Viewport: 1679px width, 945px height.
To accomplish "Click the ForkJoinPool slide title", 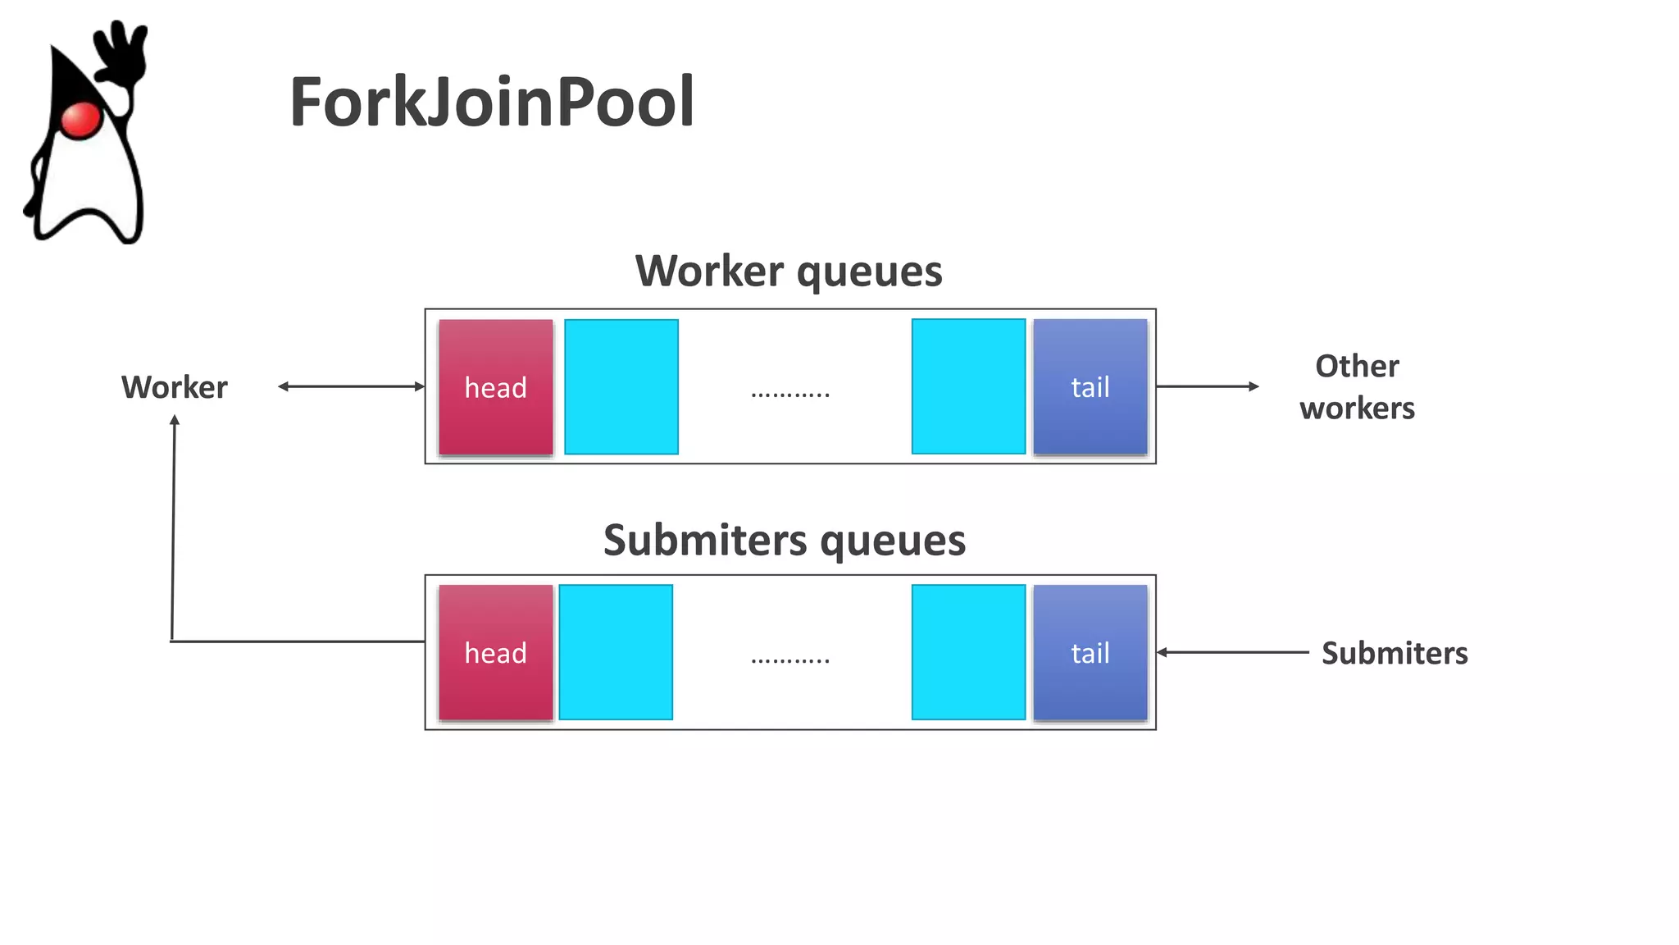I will click(492, 103).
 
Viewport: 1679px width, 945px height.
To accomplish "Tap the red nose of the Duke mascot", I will click(80, 120).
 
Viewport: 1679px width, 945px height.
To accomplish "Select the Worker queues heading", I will click(789, 271).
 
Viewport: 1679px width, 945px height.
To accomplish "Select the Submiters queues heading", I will click(785, 541).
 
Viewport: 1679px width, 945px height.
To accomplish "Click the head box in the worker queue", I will click(496, 387).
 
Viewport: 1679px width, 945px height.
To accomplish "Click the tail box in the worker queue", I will click(1090, 387).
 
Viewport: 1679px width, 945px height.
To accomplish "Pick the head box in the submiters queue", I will click(496, 653).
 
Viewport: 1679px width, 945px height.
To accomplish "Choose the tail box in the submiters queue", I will click(1090, 653).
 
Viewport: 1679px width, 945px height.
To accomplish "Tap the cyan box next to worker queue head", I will click(621, 387).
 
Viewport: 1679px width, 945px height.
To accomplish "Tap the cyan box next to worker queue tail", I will click(968, 386).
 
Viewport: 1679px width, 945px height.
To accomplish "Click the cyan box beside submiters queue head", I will click(616, 652).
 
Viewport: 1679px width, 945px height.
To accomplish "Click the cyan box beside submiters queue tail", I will click(968, 652).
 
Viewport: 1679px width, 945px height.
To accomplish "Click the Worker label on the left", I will click(175, 387).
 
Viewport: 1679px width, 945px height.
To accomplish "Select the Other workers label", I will click(1357, 387).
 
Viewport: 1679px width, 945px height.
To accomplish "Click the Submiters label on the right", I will click(1395, 653).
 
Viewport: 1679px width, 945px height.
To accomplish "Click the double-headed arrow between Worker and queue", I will click(351, 386).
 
